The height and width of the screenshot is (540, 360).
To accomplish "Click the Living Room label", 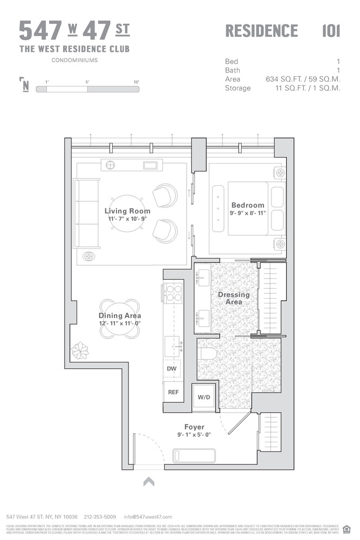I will point(127,211).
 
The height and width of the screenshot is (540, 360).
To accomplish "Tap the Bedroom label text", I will point(248,205).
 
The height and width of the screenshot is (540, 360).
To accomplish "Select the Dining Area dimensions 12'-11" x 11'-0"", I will point(120,323).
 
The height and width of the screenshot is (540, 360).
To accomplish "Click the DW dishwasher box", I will point(172,369).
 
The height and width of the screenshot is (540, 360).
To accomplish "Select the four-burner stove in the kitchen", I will point(173,293).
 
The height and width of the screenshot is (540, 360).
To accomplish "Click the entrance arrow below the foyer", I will point(149,481).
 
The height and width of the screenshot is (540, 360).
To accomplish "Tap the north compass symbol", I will point(24,85).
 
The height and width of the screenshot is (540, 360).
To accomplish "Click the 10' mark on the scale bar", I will point(135,82).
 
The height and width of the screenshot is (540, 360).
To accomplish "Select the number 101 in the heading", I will point(331,31).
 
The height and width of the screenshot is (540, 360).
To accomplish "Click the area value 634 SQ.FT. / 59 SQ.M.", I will point(303,79).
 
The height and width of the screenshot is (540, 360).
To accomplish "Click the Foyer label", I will point(194,427).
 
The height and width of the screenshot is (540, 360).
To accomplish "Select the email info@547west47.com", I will point(148,517).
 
